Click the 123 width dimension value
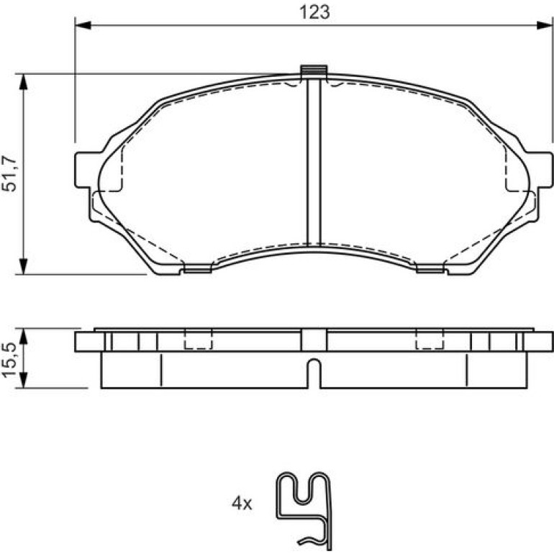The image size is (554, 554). [x=314, y=12]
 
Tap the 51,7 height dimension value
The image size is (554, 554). [x=9, y=173]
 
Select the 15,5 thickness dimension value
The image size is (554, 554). [x=9, y=360]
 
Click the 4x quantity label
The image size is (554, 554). [x=242, y=503]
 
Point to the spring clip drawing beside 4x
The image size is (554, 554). [x=304, y=511]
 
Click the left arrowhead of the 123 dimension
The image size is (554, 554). [x=83, y=25]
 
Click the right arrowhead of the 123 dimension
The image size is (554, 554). [x=544, y=25]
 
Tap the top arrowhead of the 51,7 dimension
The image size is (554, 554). [x=23, y=82]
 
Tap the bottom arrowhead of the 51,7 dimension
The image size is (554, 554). [x=23, y=266]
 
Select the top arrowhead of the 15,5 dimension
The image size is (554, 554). [x=23, y=336]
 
